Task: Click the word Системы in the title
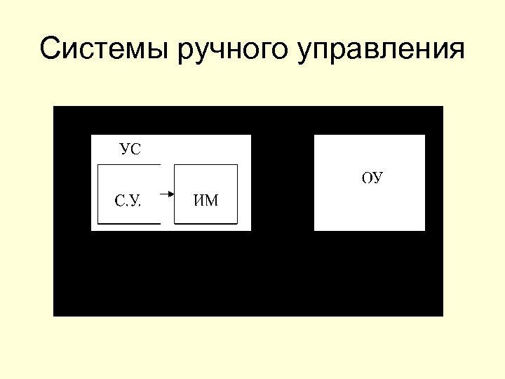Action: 105,50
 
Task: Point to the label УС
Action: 130,149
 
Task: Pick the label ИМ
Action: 206,201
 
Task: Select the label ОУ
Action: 372,178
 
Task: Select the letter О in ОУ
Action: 367,178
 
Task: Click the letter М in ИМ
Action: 212,201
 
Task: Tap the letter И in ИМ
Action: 200,201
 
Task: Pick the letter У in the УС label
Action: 125,149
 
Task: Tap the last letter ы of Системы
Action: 161,51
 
